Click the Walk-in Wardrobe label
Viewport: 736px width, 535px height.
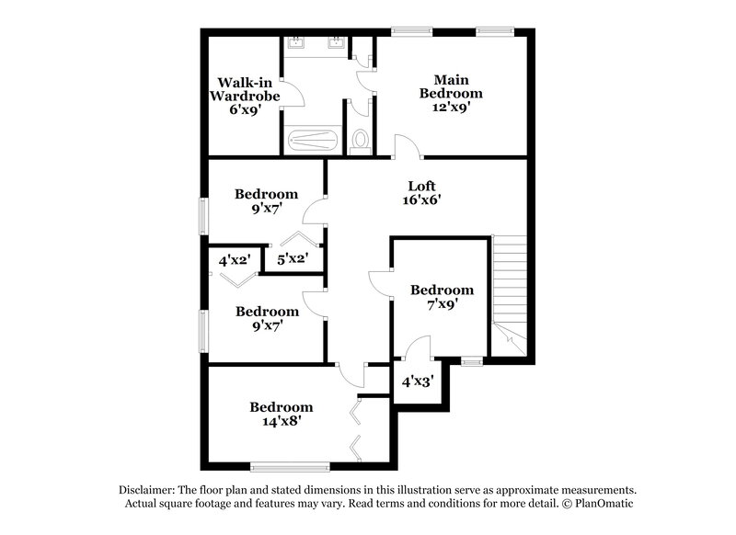click(x=243, y=95)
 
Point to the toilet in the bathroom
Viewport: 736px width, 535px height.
click(x=361, y=141)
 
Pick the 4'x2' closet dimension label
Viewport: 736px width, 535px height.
click(x=235, y=260)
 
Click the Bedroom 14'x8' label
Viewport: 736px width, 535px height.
click(x=281, y=414)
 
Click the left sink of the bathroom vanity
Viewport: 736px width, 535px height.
click(x=299, y=43)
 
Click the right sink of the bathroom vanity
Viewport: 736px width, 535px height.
click(x=338, y=43)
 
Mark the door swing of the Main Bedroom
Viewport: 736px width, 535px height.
click(x=405, y=147)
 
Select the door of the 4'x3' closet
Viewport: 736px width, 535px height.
click(x=419, y=347)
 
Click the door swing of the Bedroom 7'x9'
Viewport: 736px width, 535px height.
click(x=380, y=283)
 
